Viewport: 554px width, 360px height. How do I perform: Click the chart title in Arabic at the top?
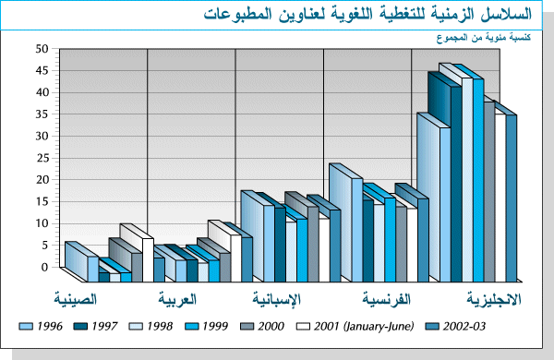pos(369,15)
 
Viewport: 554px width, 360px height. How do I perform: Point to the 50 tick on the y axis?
pos(41,48)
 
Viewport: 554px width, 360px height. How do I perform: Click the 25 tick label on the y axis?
pos(41,158)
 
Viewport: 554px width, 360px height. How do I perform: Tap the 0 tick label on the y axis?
pos(43,267)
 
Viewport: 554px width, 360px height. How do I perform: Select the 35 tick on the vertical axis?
pos(41,114)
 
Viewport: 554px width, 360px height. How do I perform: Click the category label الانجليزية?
pos(494,300)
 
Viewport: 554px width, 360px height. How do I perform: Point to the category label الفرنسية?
pos(387,300)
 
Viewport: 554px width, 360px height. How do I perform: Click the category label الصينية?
pos(78,300)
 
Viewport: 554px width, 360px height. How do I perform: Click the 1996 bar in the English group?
pos(433,203)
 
